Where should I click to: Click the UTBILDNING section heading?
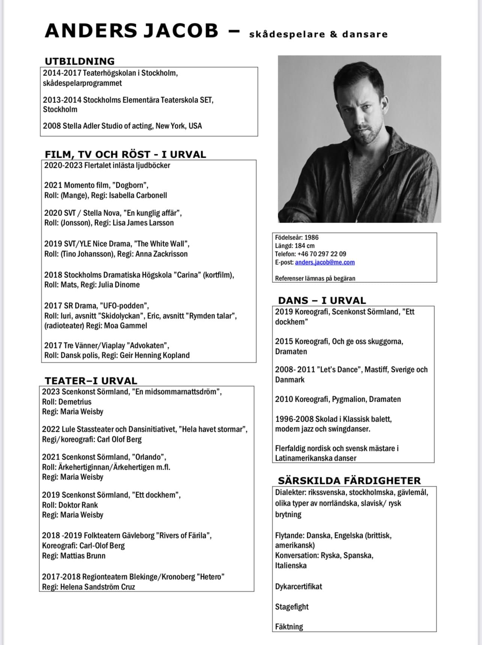(x=80, y=61)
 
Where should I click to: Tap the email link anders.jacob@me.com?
(x=325, y=262)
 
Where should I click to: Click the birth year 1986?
(x=312, y=237)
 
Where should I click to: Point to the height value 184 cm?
(x=305, y=246)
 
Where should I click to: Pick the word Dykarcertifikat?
(x=298, y=586)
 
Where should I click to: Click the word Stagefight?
(x=292, y=607)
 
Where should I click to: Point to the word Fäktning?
(x=289, y=626)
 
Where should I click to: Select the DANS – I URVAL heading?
(x=322, y=300)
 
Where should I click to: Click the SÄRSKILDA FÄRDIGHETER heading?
(x=349, y=481)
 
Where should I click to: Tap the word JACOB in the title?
(x=181, y=31)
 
